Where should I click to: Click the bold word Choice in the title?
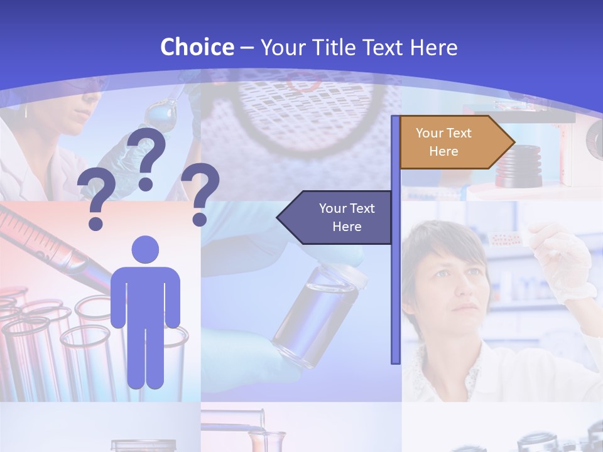(197, 47)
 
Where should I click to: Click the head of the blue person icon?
(145, 249)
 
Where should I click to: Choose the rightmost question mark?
(200, 193)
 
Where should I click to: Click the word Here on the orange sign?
(443, 151)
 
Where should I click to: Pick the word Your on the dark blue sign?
(334, 208)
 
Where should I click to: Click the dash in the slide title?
(247, 48)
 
